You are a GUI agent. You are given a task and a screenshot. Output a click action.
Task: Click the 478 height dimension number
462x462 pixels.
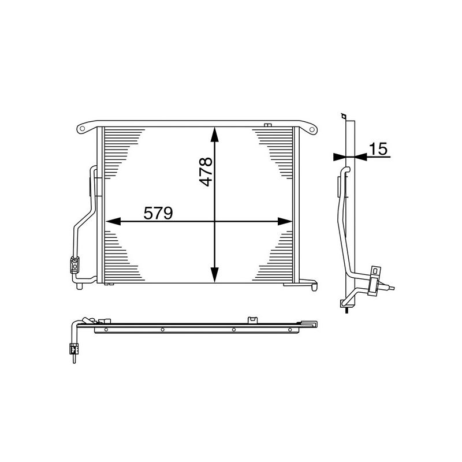point(205,172)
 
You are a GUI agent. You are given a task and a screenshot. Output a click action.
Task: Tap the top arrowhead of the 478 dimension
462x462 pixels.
point(214,133)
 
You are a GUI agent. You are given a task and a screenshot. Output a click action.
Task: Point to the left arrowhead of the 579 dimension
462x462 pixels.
point(111,221)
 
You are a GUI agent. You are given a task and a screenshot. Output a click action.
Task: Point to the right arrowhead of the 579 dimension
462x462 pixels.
point(286,221)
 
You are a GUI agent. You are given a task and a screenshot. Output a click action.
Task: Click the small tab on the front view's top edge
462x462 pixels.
point(267,125)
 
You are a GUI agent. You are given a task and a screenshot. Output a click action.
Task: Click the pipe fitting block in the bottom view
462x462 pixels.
point(73,348)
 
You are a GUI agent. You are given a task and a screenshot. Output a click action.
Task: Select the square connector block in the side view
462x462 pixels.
point(377,272)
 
